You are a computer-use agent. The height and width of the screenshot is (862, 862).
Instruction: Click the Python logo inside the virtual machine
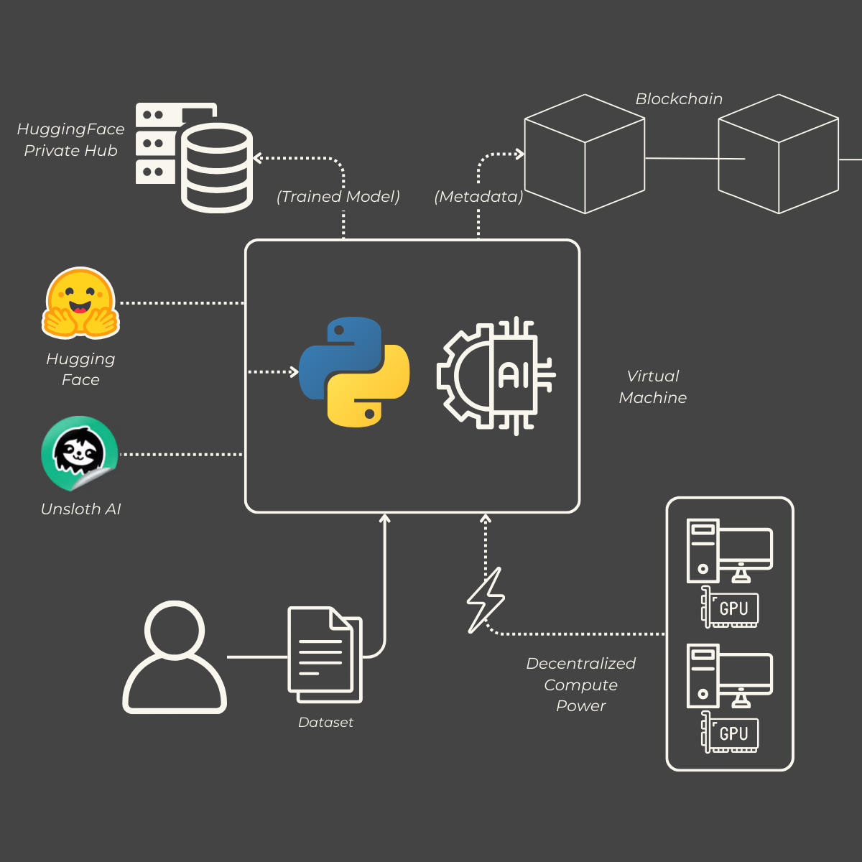click(x=354, y=371)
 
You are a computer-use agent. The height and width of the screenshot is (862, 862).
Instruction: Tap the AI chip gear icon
click(x=496, y=376)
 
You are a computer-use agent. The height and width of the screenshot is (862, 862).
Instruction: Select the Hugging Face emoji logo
click(x=80, y=303)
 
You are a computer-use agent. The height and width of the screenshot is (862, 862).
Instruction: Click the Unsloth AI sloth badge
click(x=79, y=453)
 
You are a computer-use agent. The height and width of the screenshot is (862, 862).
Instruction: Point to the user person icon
click(x=175, y=657)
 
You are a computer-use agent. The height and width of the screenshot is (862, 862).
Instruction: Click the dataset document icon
click(x=325, y=654)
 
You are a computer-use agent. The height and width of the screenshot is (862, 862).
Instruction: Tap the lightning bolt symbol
click(x=486, y=601)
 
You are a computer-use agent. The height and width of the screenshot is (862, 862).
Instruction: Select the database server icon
click(x=194, y=157)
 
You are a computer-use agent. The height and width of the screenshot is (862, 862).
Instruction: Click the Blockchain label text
click(x=679, y=99)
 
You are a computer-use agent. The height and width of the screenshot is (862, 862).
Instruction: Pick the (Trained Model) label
click(x=338, y=197)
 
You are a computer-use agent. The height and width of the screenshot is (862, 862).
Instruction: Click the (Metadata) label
click(x=478, y=197)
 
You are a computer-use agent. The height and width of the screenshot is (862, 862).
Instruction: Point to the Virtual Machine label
click(x=653, y=386)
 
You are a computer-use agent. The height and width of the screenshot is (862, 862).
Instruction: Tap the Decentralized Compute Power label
click(x=581, y=685)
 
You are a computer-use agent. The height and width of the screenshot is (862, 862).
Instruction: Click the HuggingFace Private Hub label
click(x=70, y=139)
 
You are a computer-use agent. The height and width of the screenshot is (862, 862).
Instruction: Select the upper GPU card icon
click(x=730, y=608)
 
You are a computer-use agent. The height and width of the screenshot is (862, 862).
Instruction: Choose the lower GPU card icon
click(x=730, y=733)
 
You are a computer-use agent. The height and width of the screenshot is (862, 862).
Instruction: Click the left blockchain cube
click(x=585, y=154)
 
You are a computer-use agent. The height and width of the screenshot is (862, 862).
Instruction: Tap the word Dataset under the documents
click(x=325, y=723)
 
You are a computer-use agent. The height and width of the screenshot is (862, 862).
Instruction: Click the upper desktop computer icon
click(x=729, y=550)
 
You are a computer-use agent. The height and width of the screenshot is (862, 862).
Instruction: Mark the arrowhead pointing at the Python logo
click(x=294, y=371)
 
